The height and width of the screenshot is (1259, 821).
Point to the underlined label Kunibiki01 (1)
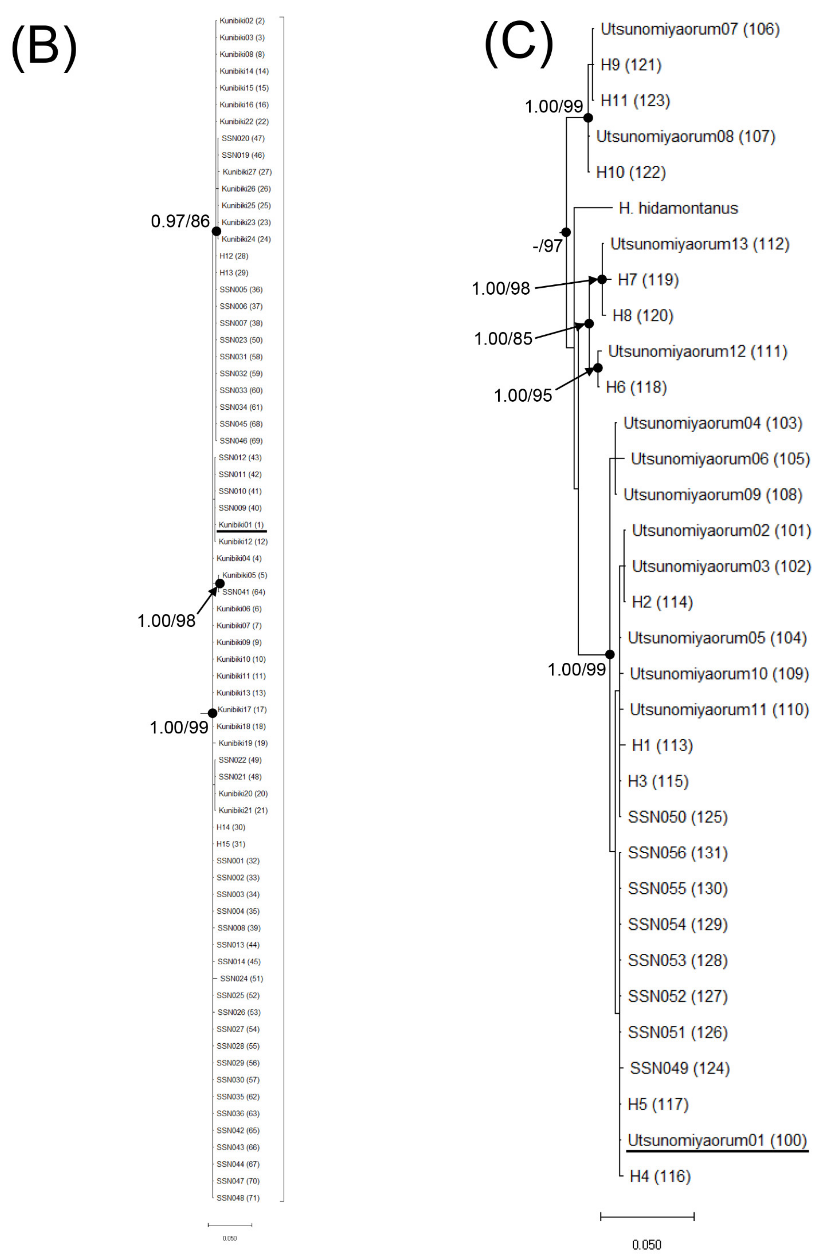pyautogui.click(x=241, y=525)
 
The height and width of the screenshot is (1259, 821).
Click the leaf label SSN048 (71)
pyautogui.click(x=238, y=1198)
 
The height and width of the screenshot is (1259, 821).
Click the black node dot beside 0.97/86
pyautogui.click(x=216, y=231)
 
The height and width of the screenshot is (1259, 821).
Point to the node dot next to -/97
pyautogui.click(x=566, y=232)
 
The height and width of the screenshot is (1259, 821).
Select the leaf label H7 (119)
pyautogui.click(x=648, y=280)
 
